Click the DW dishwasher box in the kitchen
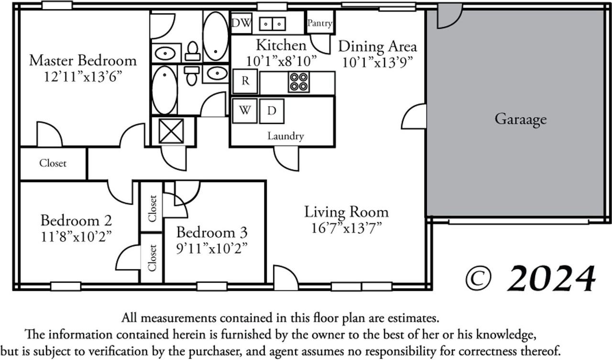click(241, 23)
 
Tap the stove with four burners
click(298, 82)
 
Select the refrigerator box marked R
click(245, 81)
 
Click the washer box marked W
click(244, 110)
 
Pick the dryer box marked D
click(272, 111)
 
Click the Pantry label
click(320, 23)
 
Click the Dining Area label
click(377, 46)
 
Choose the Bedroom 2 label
click(76, 220)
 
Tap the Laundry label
click(285, 136)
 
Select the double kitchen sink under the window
click(274, 23)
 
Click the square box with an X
click(171, 131)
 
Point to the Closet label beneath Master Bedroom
click(53, 163)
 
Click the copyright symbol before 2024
click(480, 279)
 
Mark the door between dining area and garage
click(415, 117)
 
